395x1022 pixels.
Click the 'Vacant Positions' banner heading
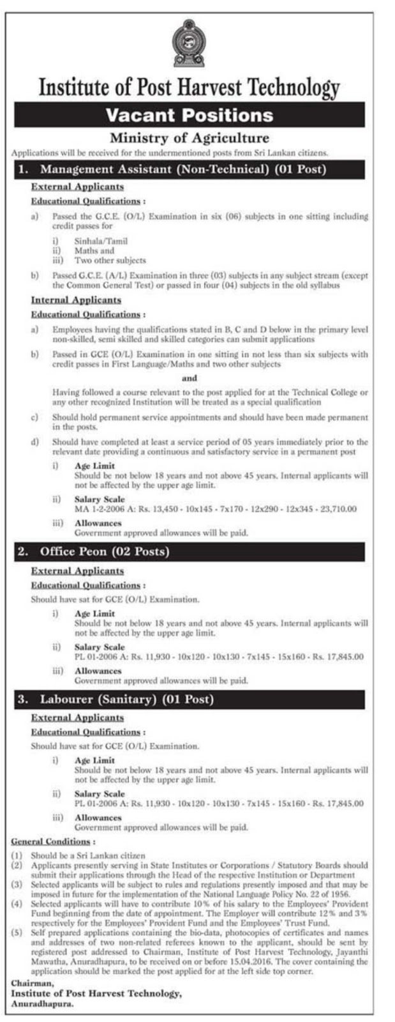click(x=190, y=115)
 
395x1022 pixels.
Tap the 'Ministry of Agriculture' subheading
click(x=190, y=138)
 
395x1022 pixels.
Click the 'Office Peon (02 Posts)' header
click(x=105, y=551)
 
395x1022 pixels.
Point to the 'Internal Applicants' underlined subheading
click(x=76, y=300)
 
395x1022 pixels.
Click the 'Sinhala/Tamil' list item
click(x=101, y=241)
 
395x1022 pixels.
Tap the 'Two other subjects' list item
click(x=110, y=260)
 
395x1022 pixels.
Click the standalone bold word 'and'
click(x=190, y=378)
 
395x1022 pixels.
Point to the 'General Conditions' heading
click(x=51, y=842)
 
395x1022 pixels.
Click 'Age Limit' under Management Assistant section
click(x=94, y=466)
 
